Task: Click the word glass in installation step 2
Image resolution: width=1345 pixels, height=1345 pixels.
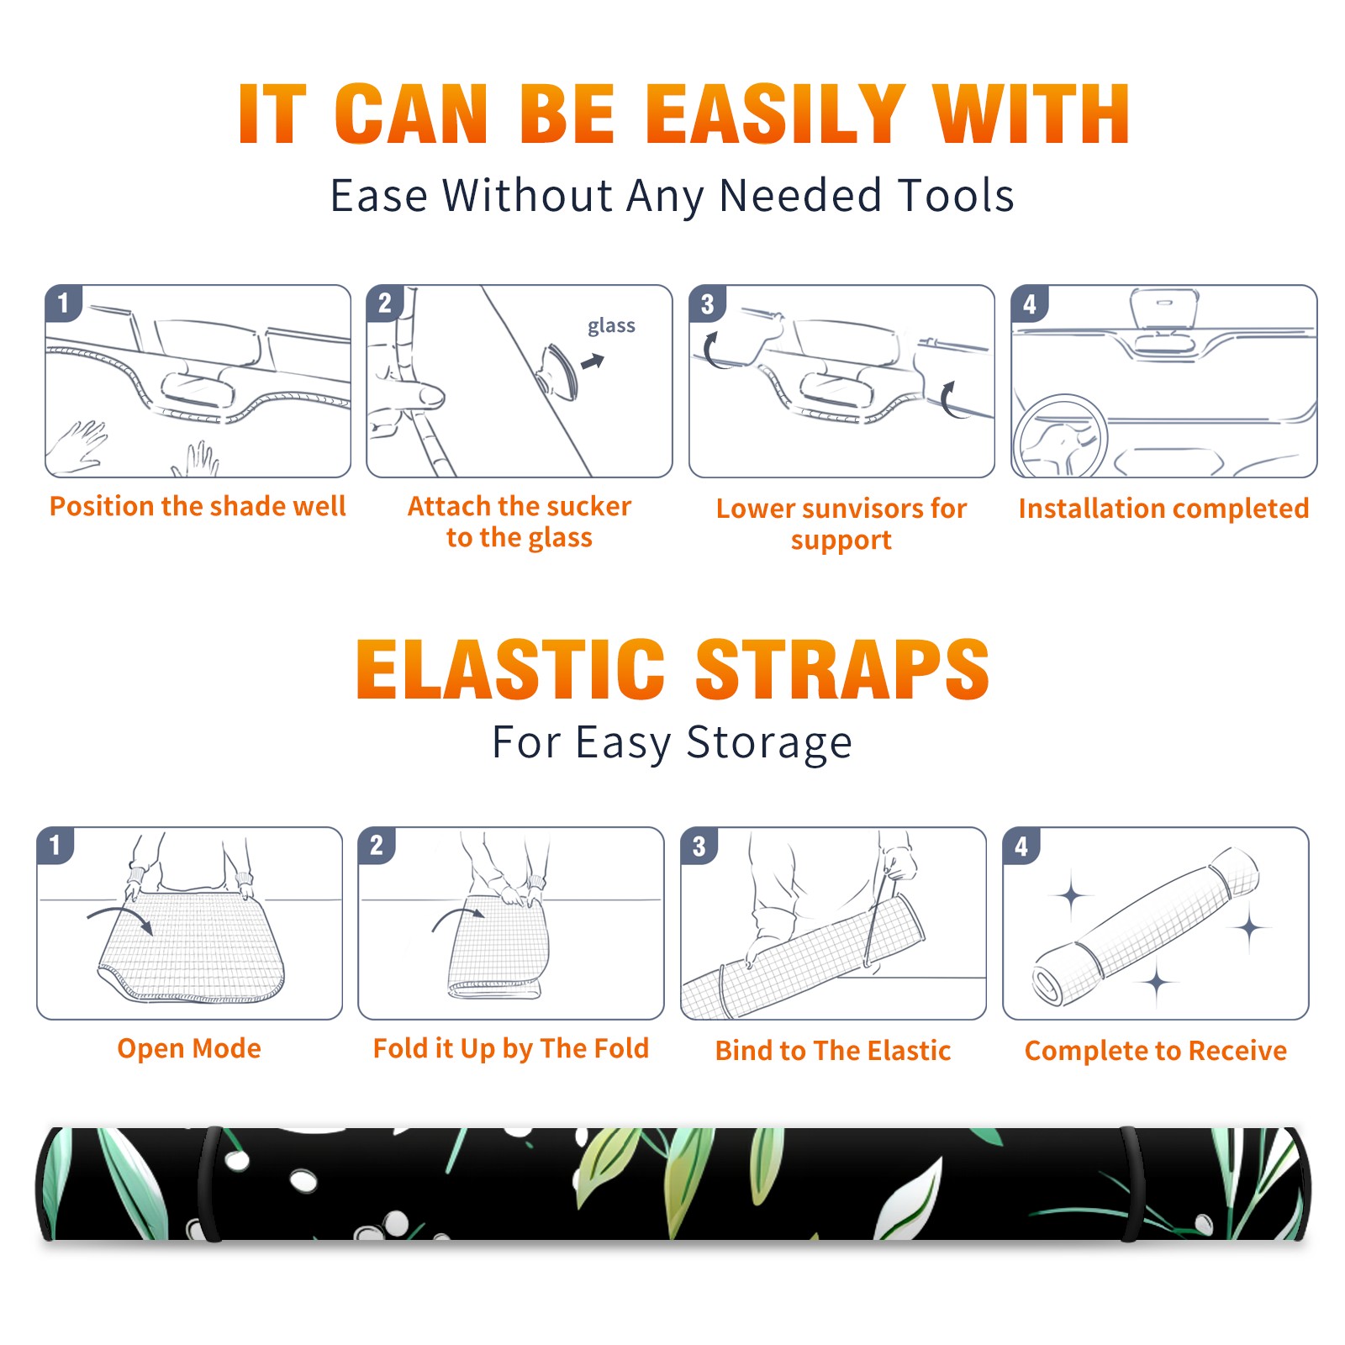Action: tap(611, 325)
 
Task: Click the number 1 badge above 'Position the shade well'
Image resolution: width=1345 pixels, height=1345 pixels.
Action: tap(64, 303)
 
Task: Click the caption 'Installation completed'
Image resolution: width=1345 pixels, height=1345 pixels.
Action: tap(1163, 508)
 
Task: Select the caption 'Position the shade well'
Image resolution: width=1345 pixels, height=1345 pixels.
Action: tap(198, 506)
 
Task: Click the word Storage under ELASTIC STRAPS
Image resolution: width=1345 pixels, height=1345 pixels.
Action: tap(769, 743)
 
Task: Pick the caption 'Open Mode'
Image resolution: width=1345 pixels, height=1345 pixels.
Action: tap(189, 1048)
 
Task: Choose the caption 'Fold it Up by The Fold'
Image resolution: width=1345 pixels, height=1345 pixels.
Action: tap(511, 1048)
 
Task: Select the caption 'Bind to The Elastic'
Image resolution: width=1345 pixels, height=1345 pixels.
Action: tap(833, 1051)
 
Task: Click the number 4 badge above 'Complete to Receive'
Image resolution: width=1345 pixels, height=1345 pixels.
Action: tap(1021, 846)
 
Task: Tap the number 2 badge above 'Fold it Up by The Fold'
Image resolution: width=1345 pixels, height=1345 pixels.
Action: tap(377, 845)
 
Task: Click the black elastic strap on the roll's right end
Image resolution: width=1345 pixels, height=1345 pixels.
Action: tap(1132, 1184)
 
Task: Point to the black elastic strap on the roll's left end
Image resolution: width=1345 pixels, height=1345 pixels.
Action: tap(209, 1184)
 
